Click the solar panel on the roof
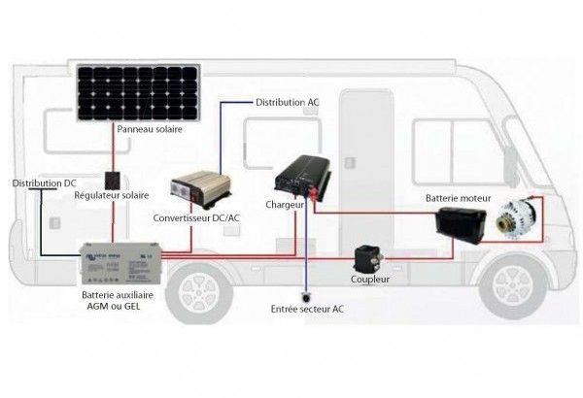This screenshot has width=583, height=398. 138,92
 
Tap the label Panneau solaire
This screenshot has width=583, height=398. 150,129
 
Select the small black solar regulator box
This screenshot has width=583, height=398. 113,181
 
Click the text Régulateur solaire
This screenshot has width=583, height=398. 112,195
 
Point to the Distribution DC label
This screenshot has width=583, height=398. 45,183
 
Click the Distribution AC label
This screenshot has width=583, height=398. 288,102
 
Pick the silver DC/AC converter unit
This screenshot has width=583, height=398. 201,188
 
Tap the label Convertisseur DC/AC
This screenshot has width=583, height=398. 196,217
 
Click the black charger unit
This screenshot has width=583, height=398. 302,177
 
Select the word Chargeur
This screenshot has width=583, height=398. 285,205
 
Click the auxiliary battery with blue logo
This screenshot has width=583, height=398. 121,263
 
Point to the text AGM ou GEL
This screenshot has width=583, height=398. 114,306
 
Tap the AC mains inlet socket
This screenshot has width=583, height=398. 306,297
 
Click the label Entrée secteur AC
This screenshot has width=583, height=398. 307,310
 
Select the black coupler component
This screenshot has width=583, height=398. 368,259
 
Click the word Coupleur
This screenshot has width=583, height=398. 370,279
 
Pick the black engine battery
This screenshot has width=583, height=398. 461,224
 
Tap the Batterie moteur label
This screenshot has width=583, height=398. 458,198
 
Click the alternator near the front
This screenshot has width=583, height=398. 515,220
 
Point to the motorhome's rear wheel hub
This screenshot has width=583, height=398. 199,293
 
